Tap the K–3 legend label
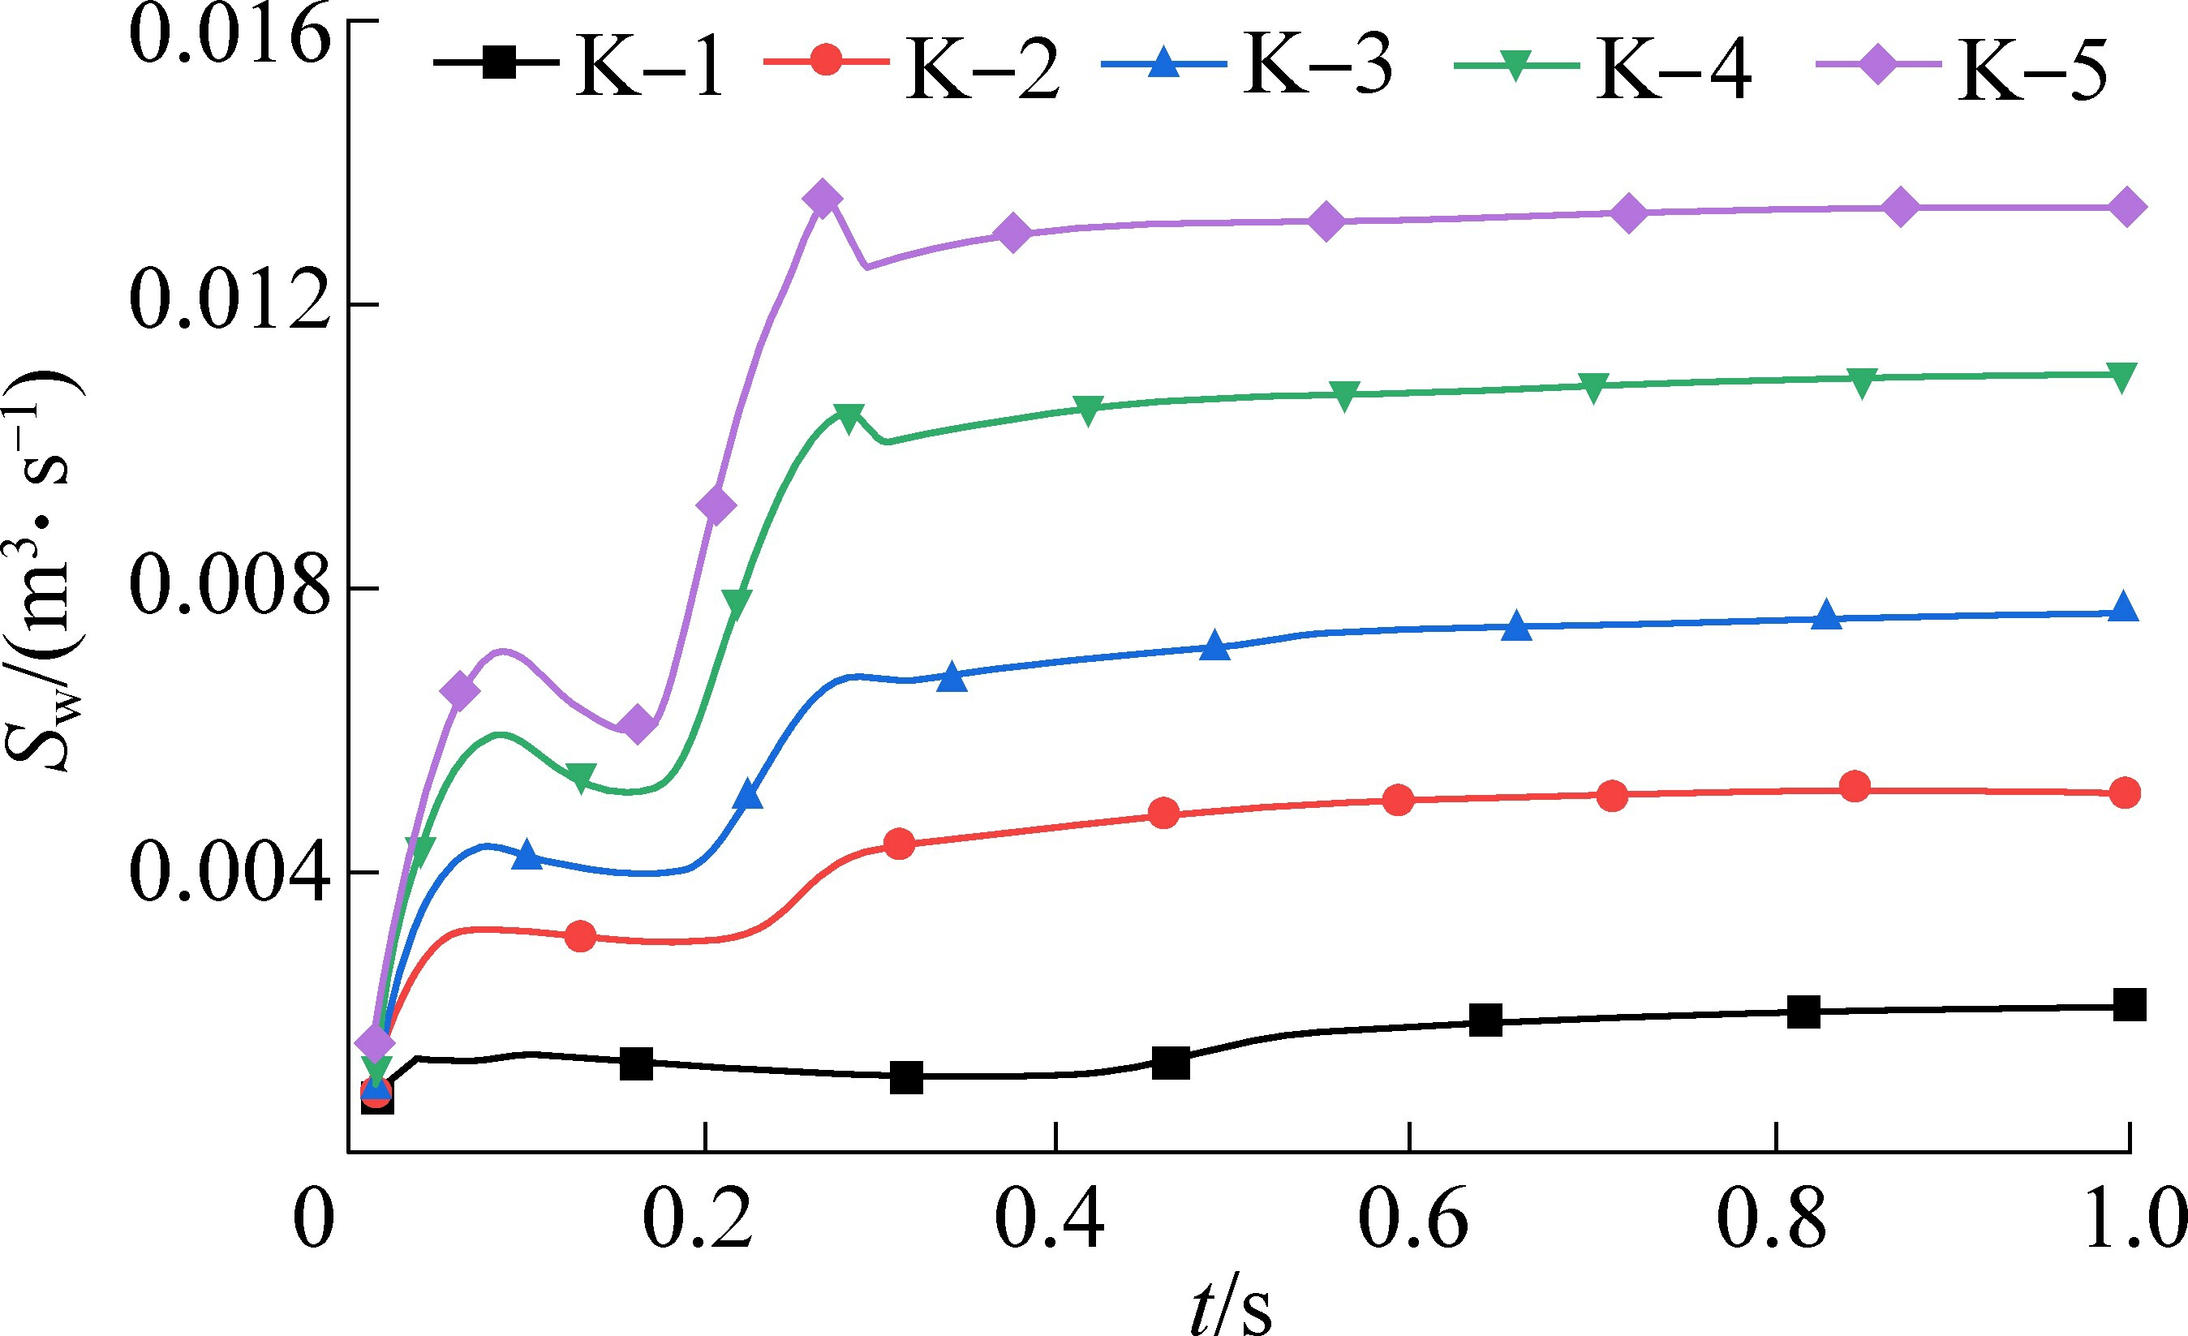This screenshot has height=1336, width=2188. (1318, 66)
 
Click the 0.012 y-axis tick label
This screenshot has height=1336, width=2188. (229, 302)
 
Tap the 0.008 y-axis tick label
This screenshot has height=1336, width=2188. (229, 586)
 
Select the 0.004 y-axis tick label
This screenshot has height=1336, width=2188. (229, 872)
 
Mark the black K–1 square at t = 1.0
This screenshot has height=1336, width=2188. (2130, 1005)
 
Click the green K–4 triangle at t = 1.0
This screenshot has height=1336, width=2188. (2121, 376)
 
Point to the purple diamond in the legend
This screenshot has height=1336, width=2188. (1878, 65)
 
